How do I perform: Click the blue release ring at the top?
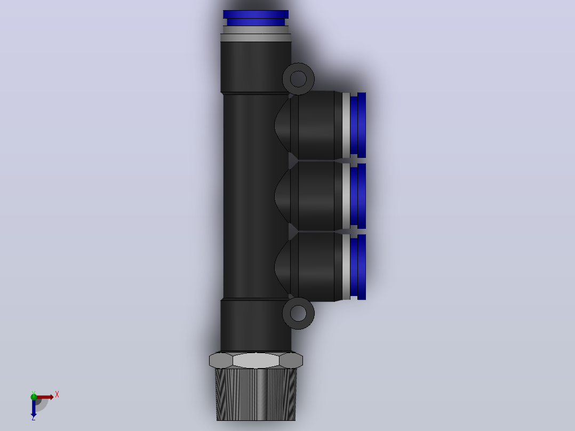pyautogui.click(x=255, y=18)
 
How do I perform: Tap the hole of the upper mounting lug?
pyautogui.click(x=298, y=79)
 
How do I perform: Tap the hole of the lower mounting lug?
pyautogui.click(x=298, y=313)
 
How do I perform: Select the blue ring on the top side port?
pyautogui.click(x=358, y=125)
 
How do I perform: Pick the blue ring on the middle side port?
pyautogui.click(x=358, y=196)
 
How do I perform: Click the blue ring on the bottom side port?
pyautogui.click(x=358, y=267)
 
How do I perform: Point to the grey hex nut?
pyautogui.click(x=256, y=360)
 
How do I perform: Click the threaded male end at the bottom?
pyautogui.click(x=256, y=394)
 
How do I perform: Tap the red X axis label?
pyautogui.click(x=57, y=395)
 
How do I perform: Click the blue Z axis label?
pyautogui.click(x=34, y=418)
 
